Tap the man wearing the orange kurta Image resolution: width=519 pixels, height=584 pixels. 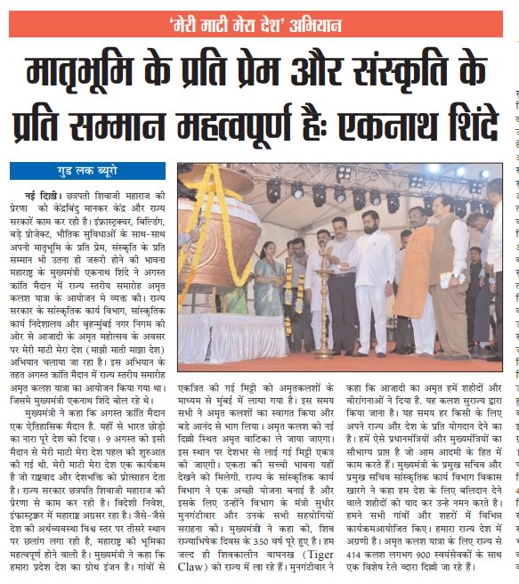(412, 272)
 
